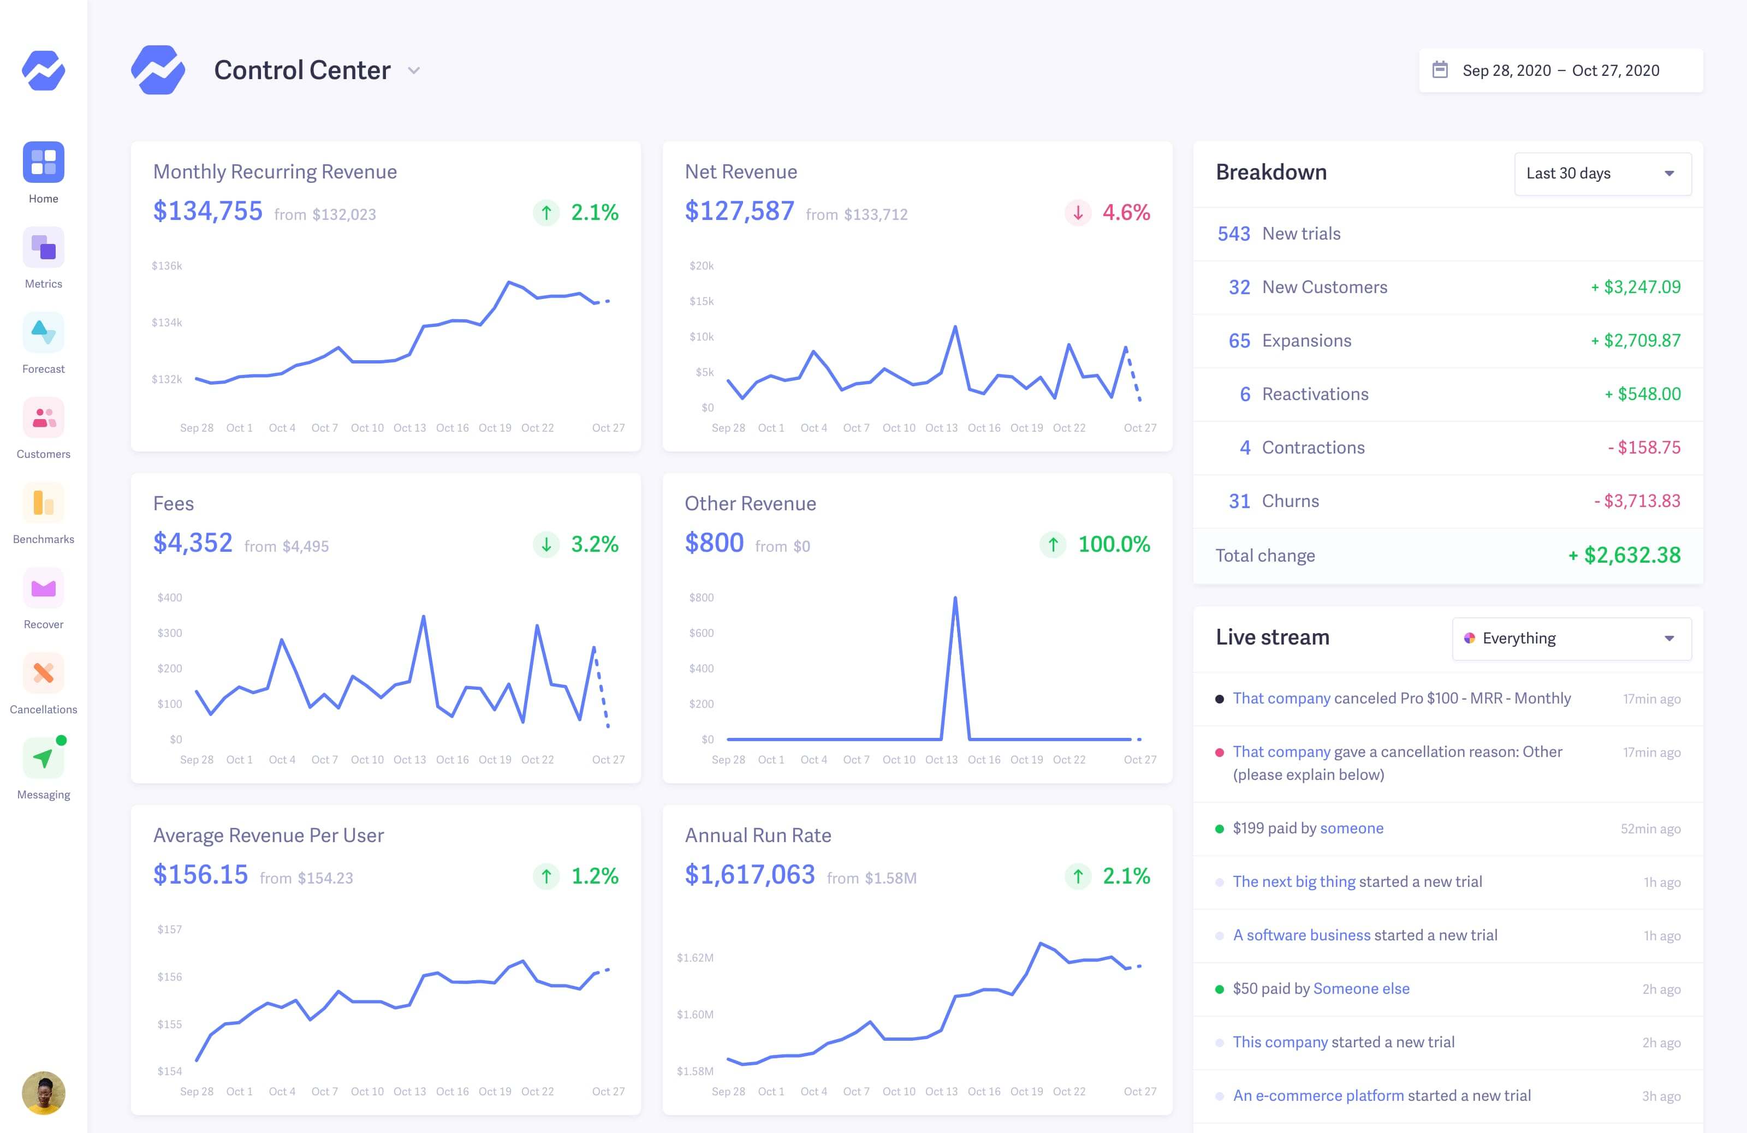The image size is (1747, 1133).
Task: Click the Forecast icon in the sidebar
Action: click(43, 332)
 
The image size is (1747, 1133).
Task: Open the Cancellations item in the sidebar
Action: click(43, 682)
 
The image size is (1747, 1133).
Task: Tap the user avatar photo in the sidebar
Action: click(43, 1093)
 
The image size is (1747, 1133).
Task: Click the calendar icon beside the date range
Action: click(1440, 70)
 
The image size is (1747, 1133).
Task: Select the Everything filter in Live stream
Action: click(1572, 639)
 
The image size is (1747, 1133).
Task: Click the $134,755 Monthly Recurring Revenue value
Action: click(208, 211)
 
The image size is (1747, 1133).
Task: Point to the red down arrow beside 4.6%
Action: click(1078, 213)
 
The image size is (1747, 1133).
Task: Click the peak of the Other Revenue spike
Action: click(955, 599)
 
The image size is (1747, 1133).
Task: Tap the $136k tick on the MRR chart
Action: click(167, 266)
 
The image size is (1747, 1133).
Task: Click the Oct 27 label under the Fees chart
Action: click(608, 760)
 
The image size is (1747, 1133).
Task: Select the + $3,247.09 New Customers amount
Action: click(1636, 287)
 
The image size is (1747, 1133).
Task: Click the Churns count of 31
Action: click(1239, 501)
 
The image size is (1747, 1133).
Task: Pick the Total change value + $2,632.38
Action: click(1624, 556)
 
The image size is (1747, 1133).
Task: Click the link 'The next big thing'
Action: click(1293, 881)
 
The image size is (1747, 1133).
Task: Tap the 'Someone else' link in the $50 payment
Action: click(1361, 988)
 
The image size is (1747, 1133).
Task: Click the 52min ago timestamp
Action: click(1650, 828)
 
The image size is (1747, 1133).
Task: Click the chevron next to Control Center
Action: click(414, 70)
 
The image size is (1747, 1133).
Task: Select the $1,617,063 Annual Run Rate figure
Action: click(750, 875)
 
